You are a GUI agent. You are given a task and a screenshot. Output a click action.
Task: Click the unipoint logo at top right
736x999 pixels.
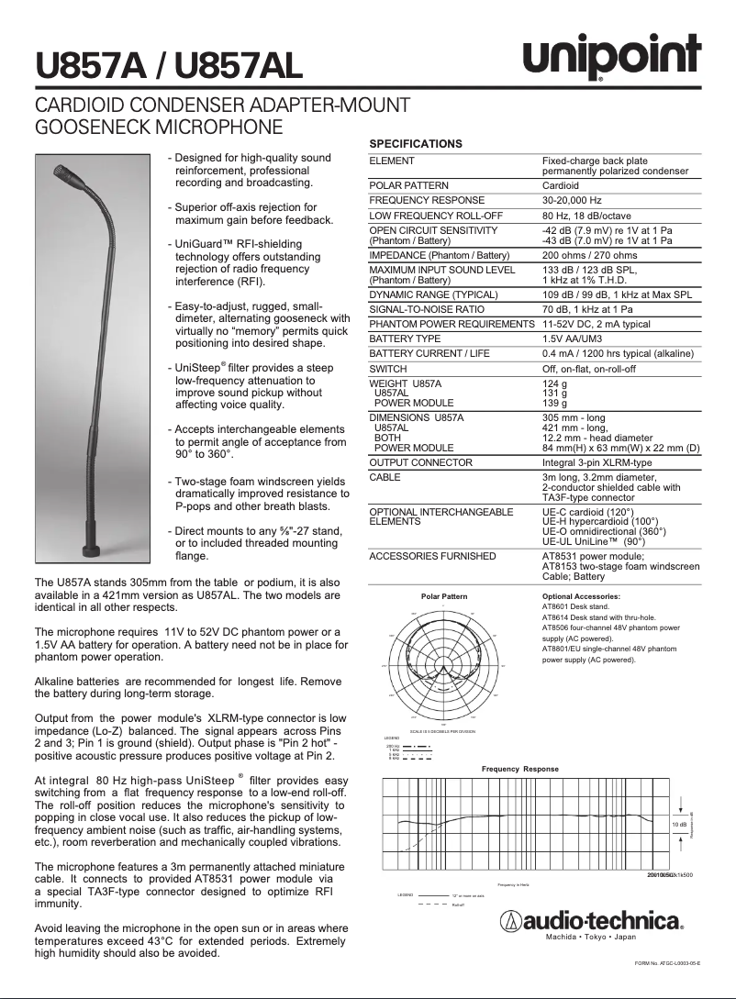click(x=611, y=58)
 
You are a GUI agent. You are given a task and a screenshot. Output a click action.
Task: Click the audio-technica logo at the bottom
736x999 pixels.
click(x=591, y=920)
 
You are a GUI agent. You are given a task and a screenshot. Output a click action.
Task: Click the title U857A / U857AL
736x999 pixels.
click(x=168, y=66)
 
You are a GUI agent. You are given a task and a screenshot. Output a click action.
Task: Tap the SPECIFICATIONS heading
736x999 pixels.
click(x=415, y=144)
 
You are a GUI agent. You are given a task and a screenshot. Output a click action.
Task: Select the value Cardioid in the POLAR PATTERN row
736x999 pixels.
click(x=561, y=185)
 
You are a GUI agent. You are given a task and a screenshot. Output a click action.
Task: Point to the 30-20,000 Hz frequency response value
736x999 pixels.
click(x=572, y=200)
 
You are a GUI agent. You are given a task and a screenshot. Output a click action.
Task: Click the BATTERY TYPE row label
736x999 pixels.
click(x=405, y=339)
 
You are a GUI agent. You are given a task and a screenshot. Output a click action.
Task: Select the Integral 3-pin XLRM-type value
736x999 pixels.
click(x=597, y=462)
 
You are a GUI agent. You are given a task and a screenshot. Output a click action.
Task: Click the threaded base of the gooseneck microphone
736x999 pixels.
click(x=92, y=548)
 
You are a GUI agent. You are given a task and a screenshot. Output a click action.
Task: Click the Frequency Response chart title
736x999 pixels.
click(x=519, y=769)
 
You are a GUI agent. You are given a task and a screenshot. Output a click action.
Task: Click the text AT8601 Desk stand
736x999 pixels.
click(x=576, y=606)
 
